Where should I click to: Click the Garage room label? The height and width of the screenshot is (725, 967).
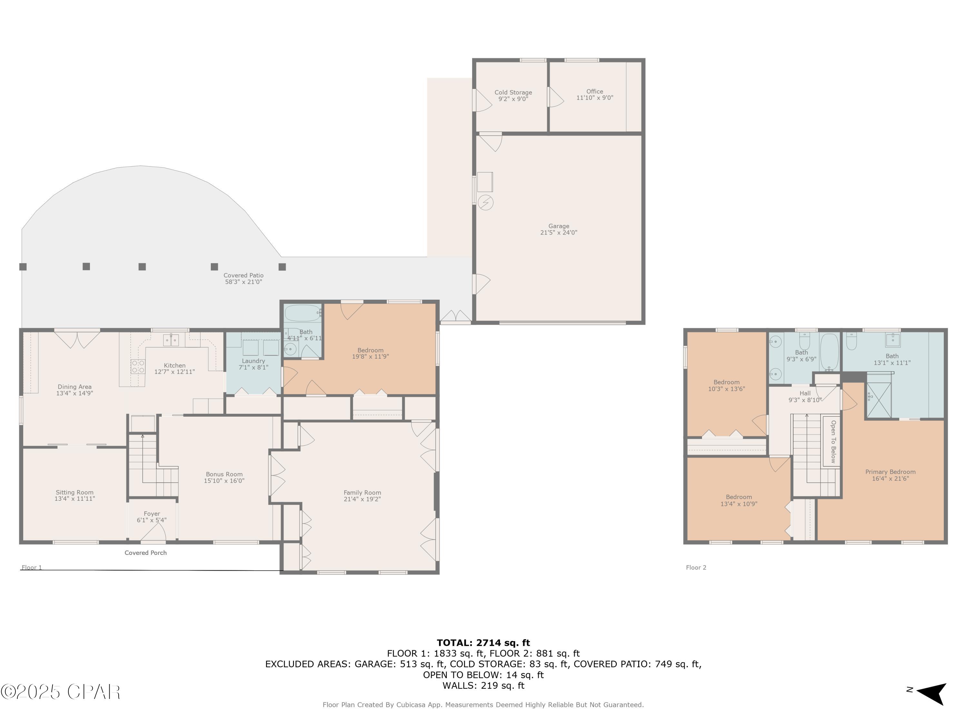click(559, 226)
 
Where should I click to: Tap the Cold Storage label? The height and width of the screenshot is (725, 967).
click(513, 92)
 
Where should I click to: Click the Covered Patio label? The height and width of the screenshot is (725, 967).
click(243, 275)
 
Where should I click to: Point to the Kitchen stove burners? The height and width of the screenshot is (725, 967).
click(138, 367)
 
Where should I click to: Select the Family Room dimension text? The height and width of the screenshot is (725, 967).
click(362, 499)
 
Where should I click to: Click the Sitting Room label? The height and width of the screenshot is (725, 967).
click(74, 492)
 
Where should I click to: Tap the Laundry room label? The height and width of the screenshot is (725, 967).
click(254, 361)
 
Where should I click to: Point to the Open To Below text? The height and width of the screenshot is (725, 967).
click(833, 441)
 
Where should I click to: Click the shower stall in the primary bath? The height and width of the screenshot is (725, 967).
click(879, 400)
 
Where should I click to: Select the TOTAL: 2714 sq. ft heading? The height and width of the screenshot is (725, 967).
click(483, 643)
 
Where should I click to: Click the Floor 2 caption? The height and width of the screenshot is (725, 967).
click(696, 568)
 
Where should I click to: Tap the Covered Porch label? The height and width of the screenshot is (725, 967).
click(146, 553)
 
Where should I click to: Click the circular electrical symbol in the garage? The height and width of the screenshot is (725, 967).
click(486, 203)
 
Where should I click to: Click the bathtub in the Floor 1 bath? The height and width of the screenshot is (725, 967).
click(303, 313)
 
